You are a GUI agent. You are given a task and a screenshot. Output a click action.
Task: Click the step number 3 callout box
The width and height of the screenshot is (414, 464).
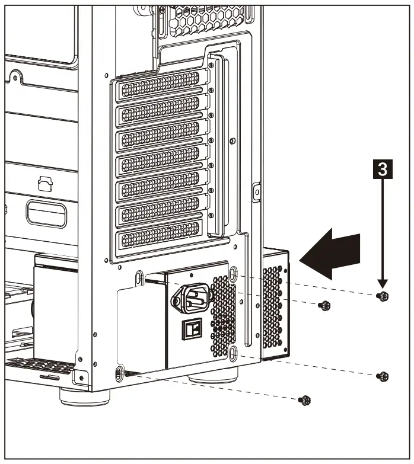(x=383, y=169)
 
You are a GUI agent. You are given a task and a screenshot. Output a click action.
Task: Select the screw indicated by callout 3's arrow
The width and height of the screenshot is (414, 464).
(x=384, y=296)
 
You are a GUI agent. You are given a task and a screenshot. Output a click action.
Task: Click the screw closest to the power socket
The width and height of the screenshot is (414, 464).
(x=324, y=306)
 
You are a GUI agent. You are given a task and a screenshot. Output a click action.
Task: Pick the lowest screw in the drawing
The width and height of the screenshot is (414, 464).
(x=305, y=400)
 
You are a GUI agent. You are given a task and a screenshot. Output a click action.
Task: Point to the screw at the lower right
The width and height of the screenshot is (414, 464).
(x=384, y=376)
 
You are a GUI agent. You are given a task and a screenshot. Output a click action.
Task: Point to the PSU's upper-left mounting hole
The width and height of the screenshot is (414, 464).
(x=139, y=277)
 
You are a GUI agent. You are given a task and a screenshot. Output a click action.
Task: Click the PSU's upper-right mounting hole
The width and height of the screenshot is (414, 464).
(x=233, y=273)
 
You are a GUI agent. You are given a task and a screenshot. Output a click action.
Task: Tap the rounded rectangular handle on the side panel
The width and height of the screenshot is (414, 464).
(x=46, y=214)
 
